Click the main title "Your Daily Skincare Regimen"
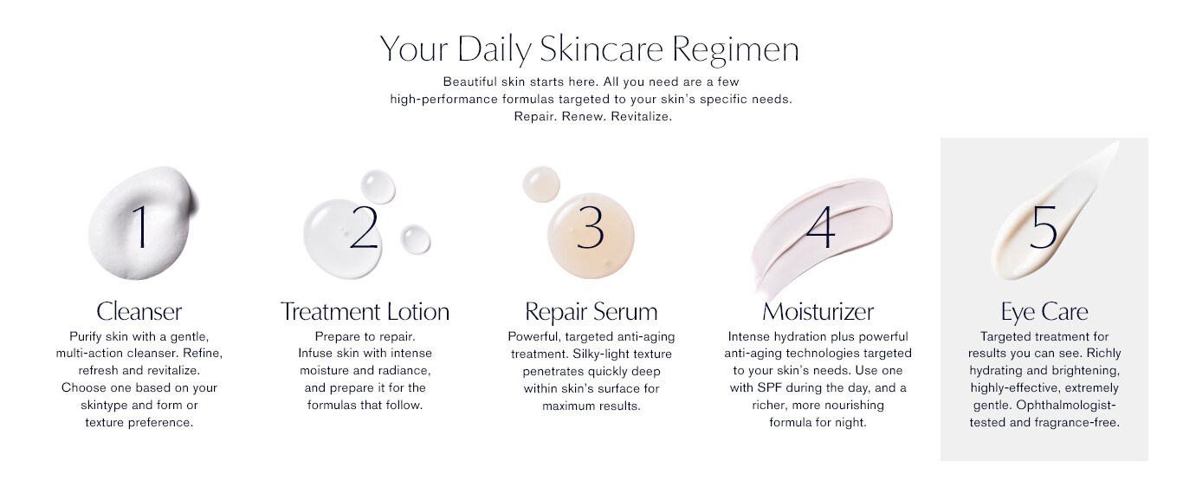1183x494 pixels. (x=590, y=49)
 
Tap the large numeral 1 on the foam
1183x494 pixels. (x=140, y=227)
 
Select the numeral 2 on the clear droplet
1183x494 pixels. (x=364, y=227)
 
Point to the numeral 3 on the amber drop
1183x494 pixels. (x=590, y=227)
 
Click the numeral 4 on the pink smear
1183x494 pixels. (x=820, y=227)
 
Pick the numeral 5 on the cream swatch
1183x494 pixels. (x=1044, y=228)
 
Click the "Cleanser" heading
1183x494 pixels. (x=139, y=311)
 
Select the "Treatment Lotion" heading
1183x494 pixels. (x=365, y=311)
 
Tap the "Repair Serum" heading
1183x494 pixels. (x=591, y=311)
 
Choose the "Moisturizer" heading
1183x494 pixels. (x=818, y=311)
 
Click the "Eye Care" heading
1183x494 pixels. (x=1044, y=312)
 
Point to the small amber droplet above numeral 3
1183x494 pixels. (x=540, y=184)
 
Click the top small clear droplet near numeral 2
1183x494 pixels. (x=378, y=186)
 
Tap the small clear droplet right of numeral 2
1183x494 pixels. (x=415, y=239)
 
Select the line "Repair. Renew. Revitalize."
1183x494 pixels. (x=592, y=116)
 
